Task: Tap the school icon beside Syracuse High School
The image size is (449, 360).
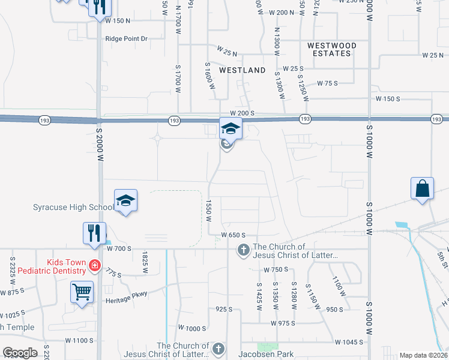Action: pos(125,200)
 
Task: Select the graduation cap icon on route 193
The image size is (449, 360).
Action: pos(230,128)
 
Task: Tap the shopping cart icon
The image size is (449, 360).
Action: pos(82,292)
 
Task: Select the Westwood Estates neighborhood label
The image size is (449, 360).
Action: pos(331,49)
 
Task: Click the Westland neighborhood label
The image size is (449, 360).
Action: pos(242,70)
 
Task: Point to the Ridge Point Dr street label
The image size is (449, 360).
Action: pos(126,38)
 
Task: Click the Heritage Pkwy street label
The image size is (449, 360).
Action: pos(126,300)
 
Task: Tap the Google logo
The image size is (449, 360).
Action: pos(20,352)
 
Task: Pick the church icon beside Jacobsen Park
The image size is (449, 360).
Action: pos(218,349)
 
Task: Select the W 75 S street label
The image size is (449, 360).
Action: pos(328,83)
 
